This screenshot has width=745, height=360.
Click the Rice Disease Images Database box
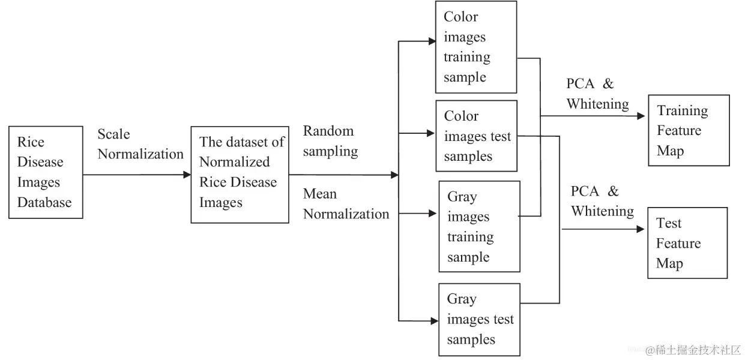click(x=46, y=172)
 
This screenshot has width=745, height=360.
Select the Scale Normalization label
click(x=140, y=145)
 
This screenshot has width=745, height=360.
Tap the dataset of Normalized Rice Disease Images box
click(x=240, y=175)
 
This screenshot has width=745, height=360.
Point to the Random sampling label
click(x=330, y=141)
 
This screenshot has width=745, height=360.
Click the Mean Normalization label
click(x=346, y=204)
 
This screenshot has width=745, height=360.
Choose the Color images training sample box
click(x=476, y=47)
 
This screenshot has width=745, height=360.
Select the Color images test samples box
click(x=476, y=136)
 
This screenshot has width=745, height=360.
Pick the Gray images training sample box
click(x=478, y=227)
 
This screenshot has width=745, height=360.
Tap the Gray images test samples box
click(x=478, y=320)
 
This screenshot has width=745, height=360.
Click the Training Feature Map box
click(x=689, y=130)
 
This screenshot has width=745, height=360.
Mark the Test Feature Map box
click(x=687, y=243)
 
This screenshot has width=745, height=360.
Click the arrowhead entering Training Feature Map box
click(x=641, y=116)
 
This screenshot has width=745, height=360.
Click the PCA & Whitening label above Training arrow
click(x=597, y=94)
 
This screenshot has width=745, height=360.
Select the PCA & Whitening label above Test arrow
click(x=602, y=201)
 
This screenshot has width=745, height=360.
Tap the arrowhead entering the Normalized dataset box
click(x=187, y=175)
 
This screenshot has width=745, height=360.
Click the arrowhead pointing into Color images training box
click(x=432, y=41)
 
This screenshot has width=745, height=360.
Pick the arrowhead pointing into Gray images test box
click(x=434, y=322)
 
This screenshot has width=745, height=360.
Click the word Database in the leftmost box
click(x=44, y=203)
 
